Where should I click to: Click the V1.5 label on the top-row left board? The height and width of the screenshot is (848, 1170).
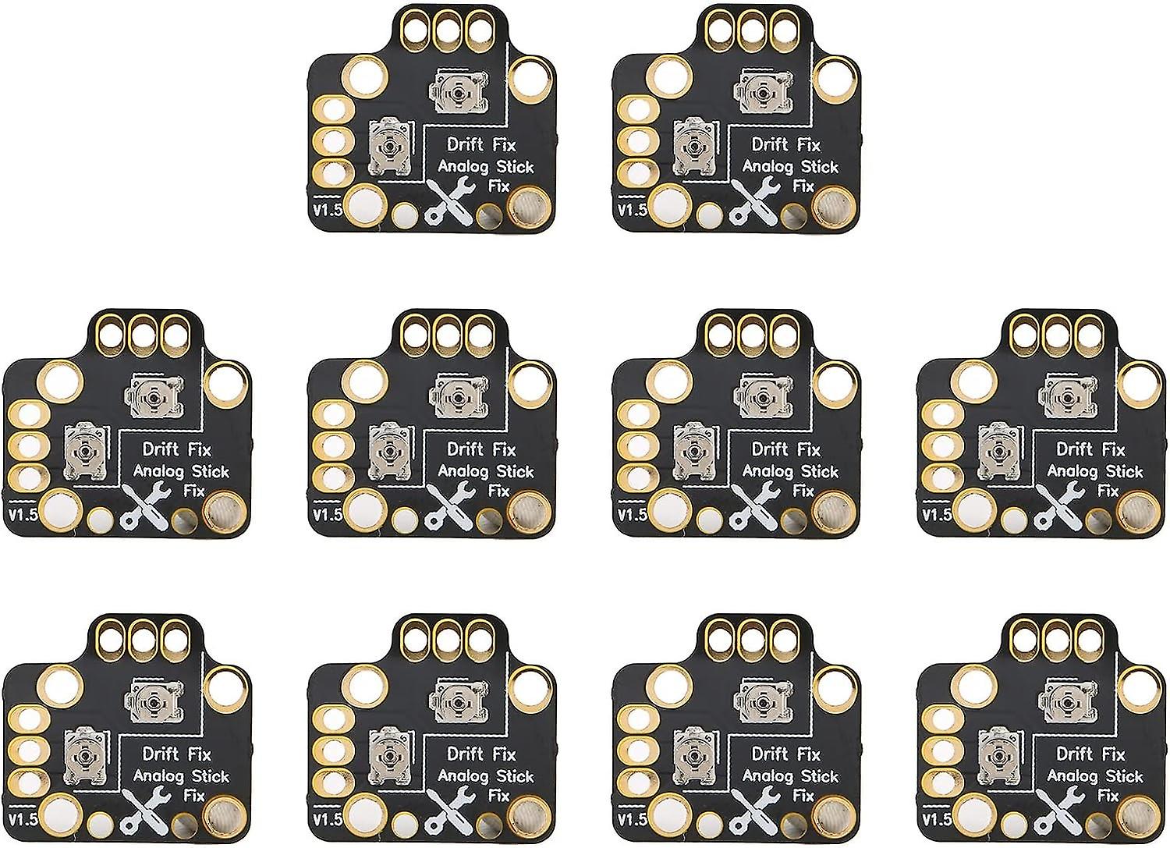[x=328, y=210]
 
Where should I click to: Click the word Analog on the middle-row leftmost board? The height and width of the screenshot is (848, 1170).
[x=158, y=471]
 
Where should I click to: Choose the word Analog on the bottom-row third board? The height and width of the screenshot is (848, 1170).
[x=768, y=776]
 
